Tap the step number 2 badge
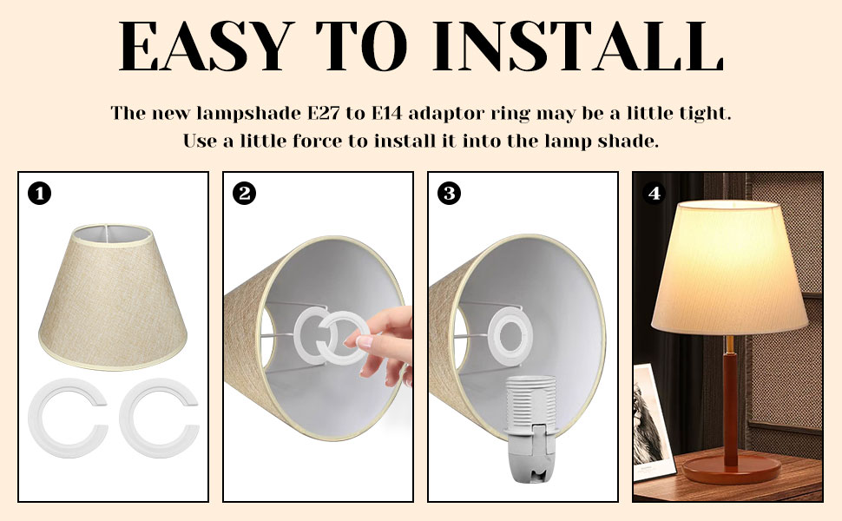tap(244, 194)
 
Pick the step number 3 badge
tap(449, 194)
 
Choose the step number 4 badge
tap(654, 194)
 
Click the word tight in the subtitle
tap(707, 114)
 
